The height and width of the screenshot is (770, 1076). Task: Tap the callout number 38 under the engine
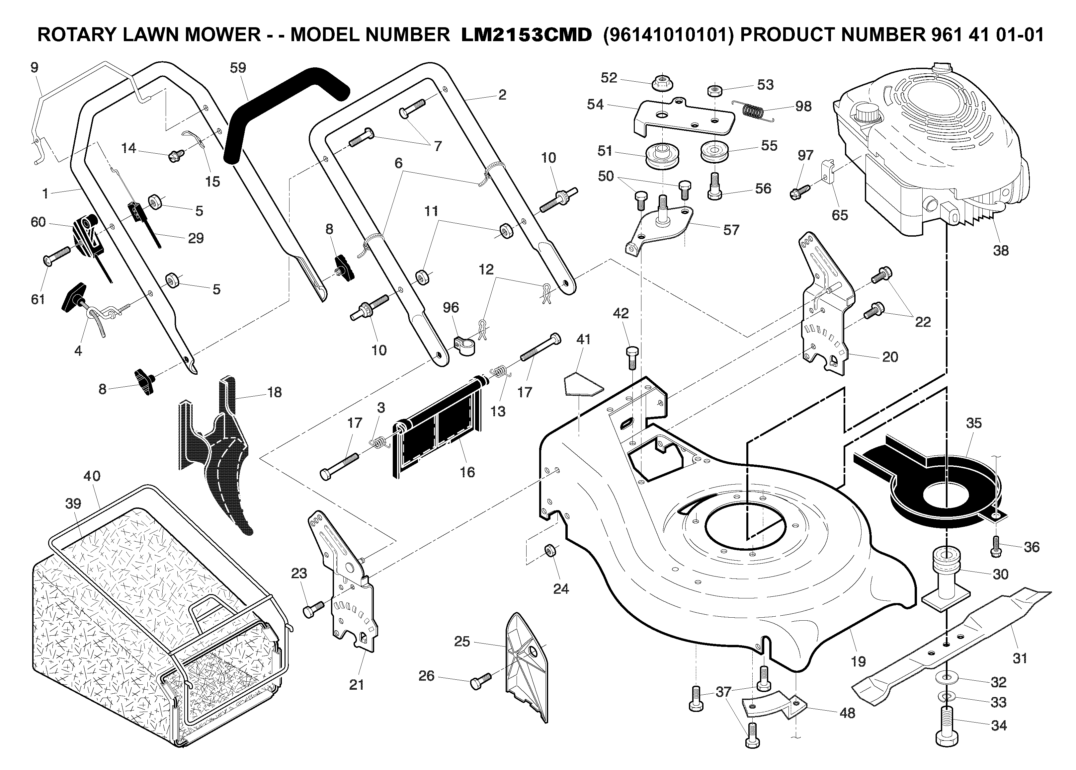(1001, 250)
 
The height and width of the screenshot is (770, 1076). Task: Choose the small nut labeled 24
(550, 551)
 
